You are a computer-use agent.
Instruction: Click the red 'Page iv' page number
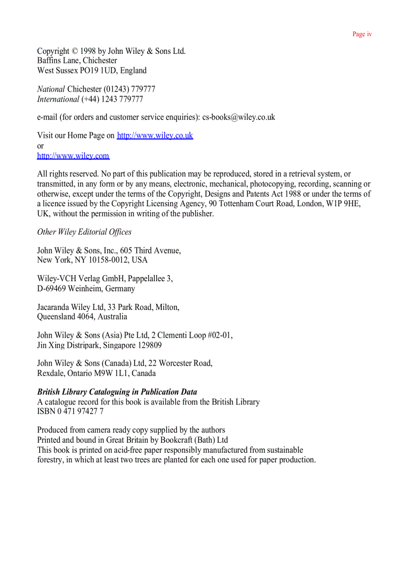[x=362, y=34]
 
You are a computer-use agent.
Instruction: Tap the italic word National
[x=51, y=89]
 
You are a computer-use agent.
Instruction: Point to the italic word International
[x=58, y=99]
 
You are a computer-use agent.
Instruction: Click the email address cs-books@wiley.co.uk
[x=239, y=117]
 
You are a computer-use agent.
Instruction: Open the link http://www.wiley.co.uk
[x=155, y=135]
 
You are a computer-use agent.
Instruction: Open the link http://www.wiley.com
[x=73, y=156]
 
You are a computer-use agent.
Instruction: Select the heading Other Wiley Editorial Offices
[x=84, y=232]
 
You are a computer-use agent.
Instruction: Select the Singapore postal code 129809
[x=150, y=346]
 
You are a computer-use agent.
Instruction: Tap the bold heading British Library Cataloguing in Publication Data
[x=117, y=392]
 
